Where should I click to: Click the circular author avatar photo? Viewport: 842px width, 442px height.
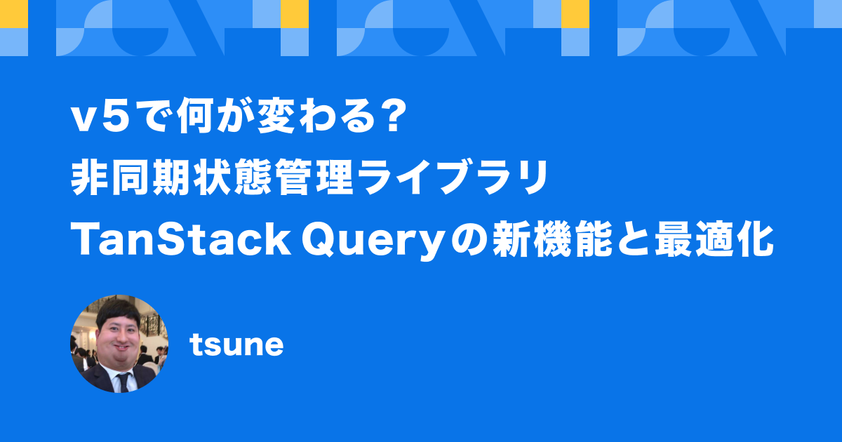pos(119,343)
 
